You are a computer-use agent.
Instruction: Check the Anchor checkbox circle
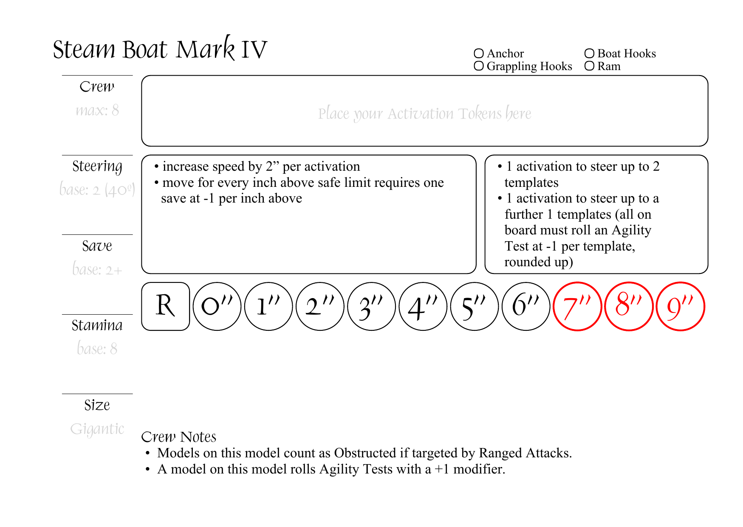479,54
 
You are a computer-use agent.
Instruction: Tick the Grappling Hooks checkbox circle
479,66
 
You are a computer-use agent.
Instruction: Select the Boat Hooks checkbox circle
589,54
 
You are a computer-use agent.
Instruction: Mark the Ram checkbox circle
589,66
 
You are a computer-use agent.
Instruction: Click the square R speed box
165,306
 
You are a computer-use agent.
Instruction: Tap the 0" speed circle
217,306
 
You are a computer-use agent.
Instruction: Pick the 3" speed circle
371,306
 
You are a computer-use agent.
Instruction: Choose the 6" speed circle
526,306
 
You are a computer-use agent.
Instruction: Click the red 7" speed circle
577,306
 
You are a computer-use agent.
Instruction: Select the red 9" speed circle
680,306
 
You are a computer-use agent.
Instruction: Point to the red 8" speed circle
629,306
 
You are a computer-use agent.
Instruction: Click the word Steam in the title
84,49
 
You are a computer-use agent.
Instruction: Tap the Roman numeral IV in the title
254,49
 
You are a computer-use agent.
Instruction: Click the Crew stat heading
97,87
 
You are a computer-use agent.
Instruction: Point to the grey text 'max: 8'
97,110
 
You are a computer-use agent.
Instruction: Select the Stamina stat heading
97,325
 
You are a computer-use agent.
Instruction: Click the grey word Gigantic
97,429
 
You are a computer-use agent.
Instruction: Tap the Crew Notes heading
178,437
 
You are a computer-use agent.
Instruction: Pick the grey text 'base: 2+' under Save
97,270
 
